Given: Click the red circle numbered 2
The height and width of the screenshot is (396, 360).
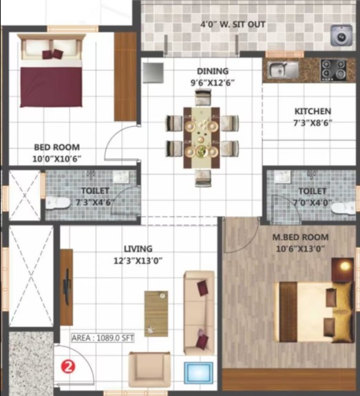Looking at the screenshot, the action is (x=68, y=366).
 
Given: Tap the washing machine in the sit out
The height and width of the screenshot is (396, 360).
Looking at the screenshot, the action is (x=341, y=35).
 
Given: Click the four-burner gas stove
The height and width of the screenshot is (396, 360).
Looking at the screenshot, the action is (x=333, y=70).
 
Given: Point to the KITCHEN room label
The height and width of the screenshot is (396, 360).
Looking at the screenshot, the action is (x=313, y=111).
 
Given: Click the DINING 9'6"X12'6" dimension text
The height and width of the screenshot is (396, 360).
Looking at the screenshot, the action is (x=213, y=82).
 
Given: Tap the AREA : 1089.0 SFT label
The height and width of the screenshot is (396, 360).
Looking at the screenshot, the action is (x=103, y=338).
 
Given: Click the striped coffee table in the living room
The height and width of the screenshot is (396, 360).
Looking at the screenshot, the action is (x=156, y=313).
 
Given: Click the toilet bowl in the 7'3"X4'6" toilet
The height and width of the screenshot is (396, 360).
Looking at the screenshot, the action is (x=58, y=203).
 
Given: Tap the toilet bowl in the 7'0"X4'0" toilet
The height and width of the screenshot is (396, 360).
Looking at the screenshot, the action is (x=343, y=208).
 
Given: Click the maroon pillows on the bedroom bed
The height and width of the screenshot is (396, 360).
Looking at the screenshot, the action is (x=53, y=54).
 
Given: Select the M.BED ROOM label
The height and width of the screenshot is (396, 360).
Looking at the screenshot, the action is (x=300, y=237).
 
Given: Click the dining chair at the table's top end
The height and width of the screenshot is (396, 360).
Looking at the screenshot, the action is (x=203, y=98).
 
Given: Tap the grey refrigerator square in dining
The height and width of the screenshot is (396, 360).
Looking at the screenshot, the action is (x=153, y=73).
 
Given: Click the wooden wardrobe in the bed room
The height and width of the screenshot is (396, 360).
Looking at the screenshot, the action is (x=125, y=77).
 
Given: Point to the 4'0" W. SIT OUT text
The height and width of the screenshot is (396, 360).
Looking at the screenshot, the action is (x=233, y=25).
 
